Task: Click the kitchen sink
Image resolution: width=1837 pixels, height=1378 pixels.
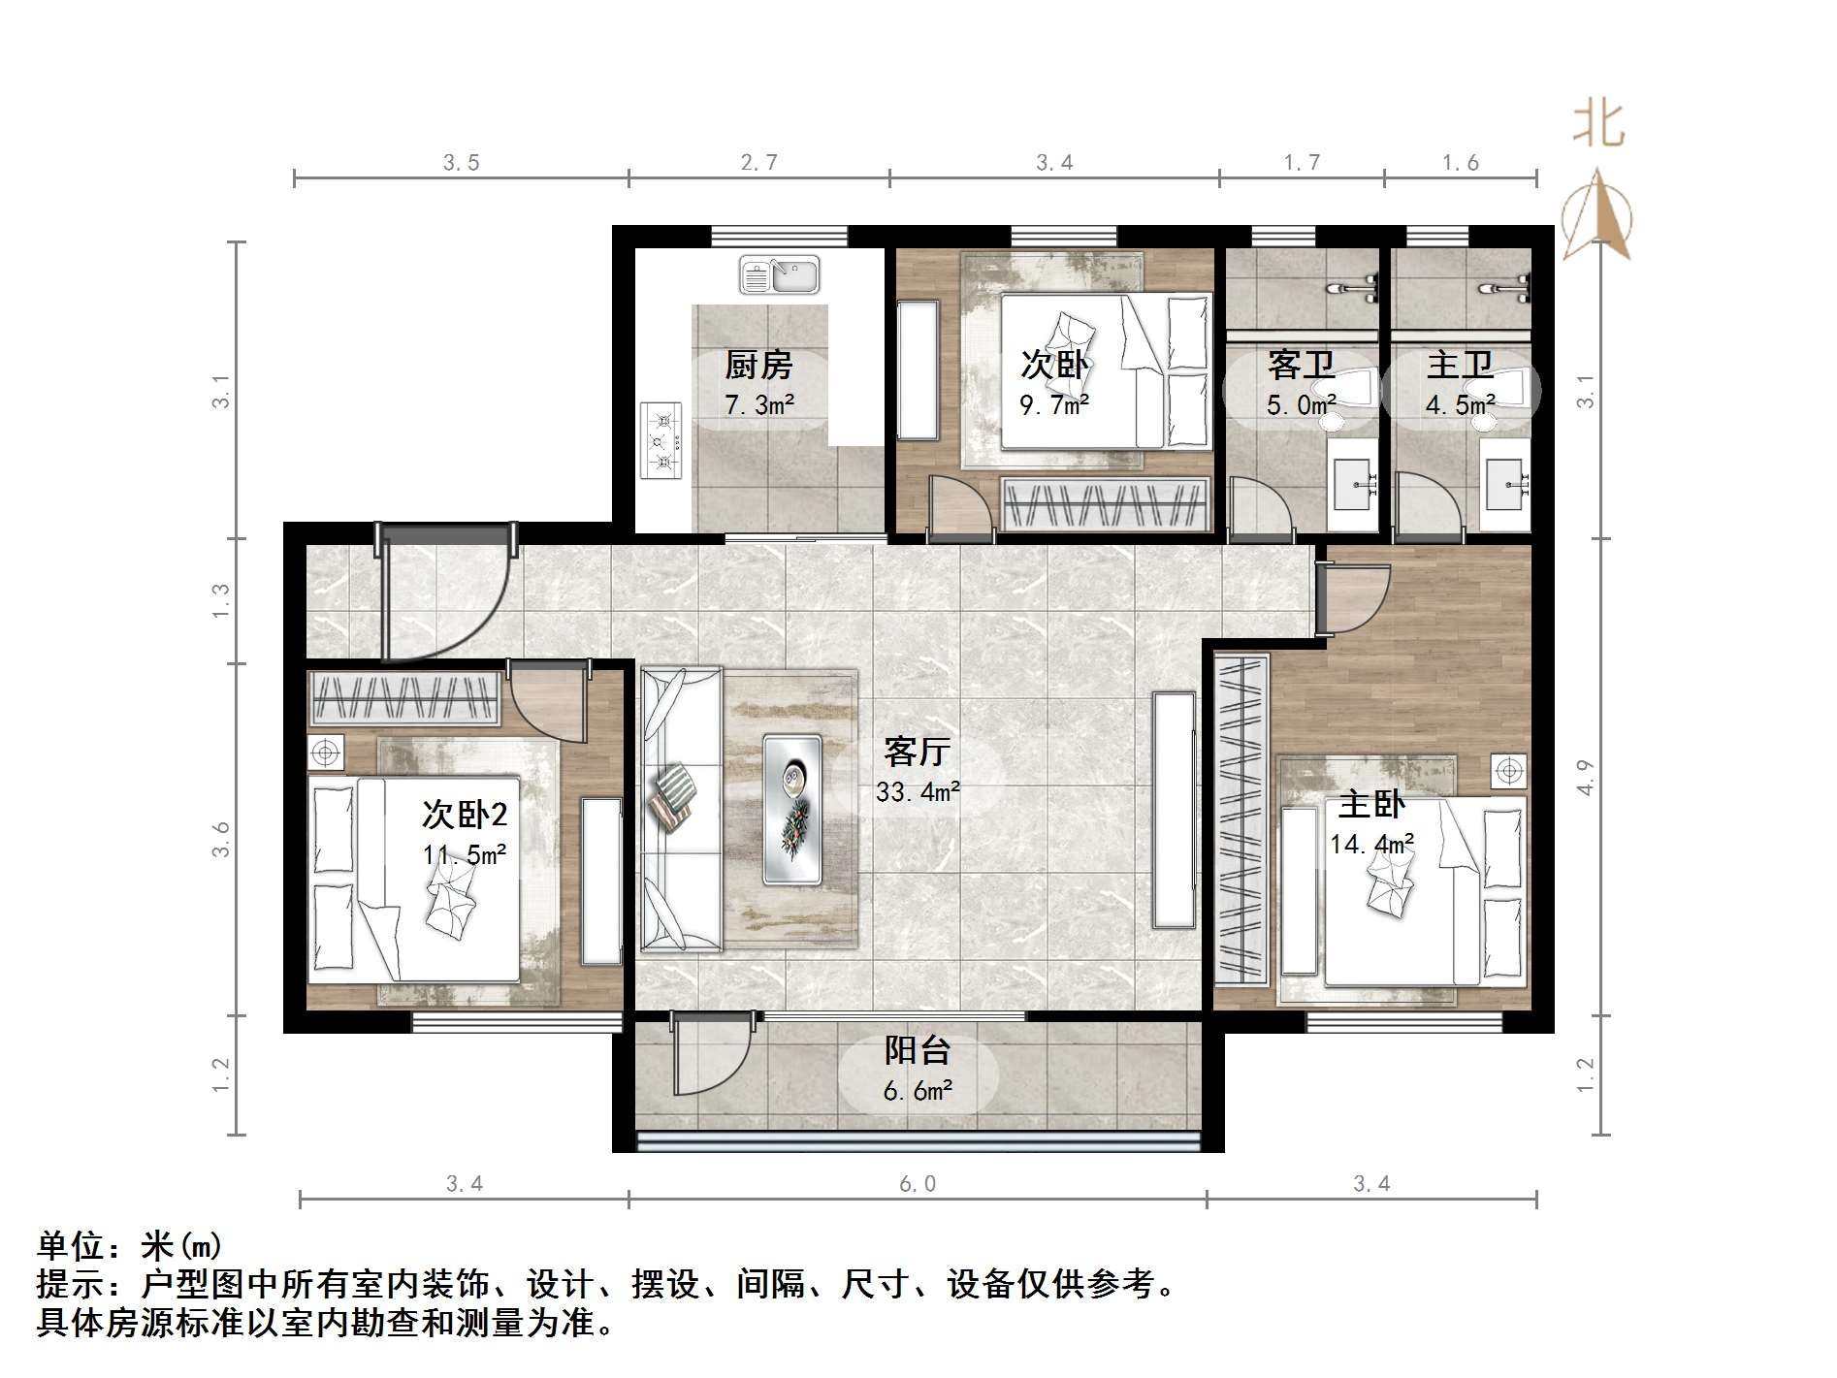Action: pyautogui.click(x=779, y=274)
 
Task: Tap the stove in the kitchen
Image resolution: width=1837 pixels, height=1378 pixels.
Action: pyautogui.click(x=662, y=441)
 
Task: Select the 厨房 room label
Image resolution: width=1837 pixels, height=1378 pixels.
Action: pyautogui.click(x=758, y=366)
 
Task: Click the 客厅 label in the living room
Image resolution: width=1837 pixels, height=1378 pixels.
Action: pyautogui.click(x=917, y=752)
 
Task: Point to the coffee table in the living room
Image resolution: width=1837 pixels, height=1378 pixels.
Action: pyautogui.click(x=792, y=809)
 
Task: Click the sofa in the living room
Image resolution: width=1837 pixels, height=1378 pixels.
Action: pyautogui.click(x=678, y=808)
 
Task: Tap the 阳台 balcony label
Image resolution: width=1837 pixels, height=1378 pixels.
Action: pyautogui.click(x=917, y=1050)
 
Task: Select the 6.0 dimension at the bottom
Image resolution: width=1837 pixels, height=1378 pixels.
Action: pyautogui.click(x=917, y=1184)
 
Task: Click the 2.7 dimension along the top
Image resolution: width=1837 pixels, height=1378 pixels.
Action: pyautogui.click(x=758, y=163)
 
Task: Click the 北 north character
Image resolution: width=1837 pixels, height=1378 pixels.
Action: pyautogui.click(x=1597, y=126)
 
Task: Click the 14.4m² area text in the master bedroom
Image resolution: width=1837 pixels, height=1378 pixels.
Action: pyautogui.click(x=1370, y=845)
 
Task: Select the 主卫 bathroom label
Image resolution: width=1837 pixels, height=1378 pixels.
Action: pyautogui.click(x=1460, y=366)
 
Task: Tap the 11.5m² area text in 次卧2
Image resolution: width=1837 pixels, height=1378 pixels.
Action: pyautogui.click(x=464, y=855)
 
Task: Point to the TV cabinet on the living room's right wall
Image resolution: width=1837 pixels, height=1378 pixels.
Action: pyautogui.click(x=1174, y=810)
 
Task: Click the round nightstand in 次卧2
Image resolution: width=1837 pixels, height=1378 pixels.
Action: pyautogui.click(x=326, y=752)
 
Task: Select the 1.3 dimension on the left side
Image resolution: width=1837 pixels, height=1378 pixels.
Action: pyautogui.click(x=221, y=600)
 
